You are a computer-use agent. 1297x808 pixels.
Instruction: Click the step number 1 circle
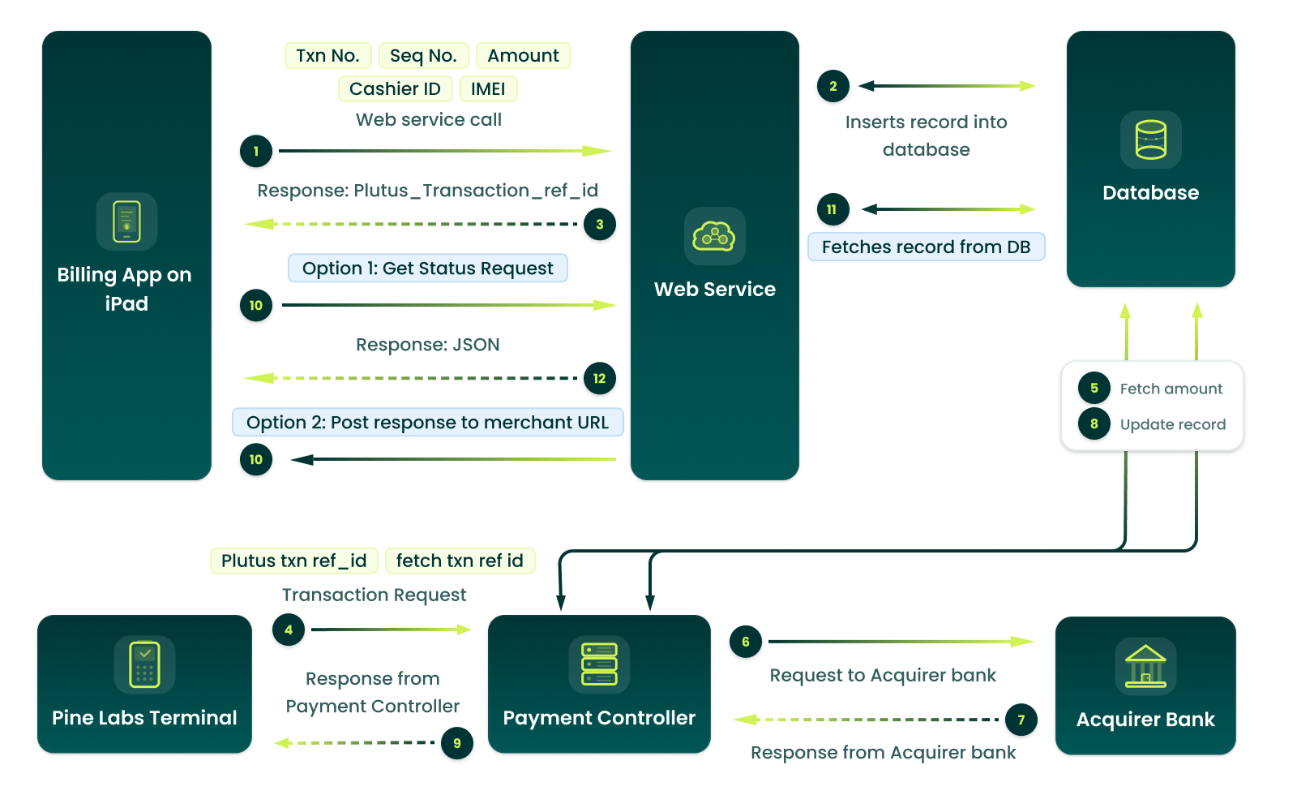[x=256, y=151]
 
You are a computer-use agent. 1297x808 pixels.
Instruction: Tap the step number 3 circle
[x=599, y=224]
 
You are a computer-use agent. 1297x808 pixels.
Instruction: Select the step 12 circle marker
[x=599, y=378]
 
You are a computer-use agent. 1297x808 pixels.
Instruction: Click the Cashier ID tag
[x=395, y=88]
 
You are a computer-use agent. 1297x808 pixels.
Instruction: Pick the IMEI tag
[x=488, y=88]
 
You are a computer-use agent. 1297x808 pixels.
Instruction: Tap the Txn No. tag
[x=327, y=55]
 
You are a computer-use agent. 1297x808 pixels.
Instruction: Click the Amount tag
[x=523, y=55]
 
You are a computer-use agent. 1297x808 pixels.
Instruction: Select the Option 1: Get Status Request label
[x=427, y=269]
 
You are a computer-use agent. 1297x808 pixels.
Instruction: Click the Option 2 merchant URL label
[x=427, y=423]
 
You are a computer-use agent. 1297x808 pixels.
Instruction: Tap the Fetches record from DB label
[x=926, y=247]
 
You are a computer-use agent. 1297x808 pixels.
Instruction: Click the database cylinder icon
[x=1150, y=140]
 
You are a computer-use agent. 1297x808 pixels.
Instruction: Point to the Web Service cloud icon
[x=714, y=236]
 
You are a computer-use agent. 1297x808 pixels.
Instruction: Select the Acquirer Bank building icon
[x=1145, y=666]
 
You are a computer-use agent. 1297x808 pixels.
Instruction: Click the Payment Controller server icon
[x=599, y=664]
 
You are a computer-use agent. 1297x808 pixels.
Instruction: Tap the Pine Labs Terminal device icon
[x=144, y=664]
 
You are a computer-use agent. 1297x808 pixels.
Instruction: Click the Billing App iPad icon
[x=126, y=221]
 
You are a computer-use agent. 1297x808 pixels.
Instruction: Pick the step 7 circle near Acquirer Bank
[x=1021, y=720]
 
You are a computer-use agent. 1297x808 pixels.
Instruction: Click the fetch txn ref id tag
[x=460, y=561]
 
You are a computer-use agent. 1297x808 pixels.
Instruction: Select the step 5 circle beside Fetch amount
[x=1094, y=388]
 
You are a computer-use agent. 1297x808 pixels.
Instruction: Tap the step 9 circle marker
[x=457, y=743]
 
